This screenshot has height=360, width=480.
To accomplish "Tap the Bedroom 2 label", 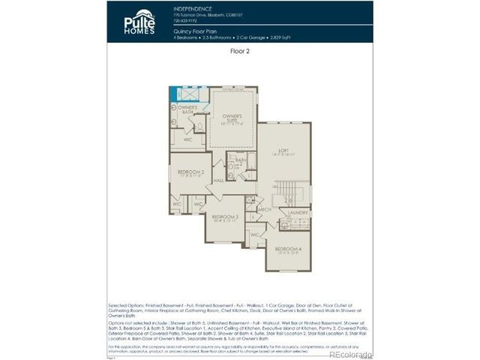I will click(190, 172).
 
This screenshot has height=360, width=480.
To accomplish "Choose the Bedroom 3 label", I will click(225, 217).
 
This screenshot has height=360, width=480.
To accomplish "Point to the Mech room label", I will click(265, 210).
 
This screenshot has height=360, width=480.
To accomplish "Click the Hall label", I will click(219, 181).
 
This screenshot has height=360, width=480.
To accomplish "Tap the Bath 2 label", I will click(241, 160).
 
